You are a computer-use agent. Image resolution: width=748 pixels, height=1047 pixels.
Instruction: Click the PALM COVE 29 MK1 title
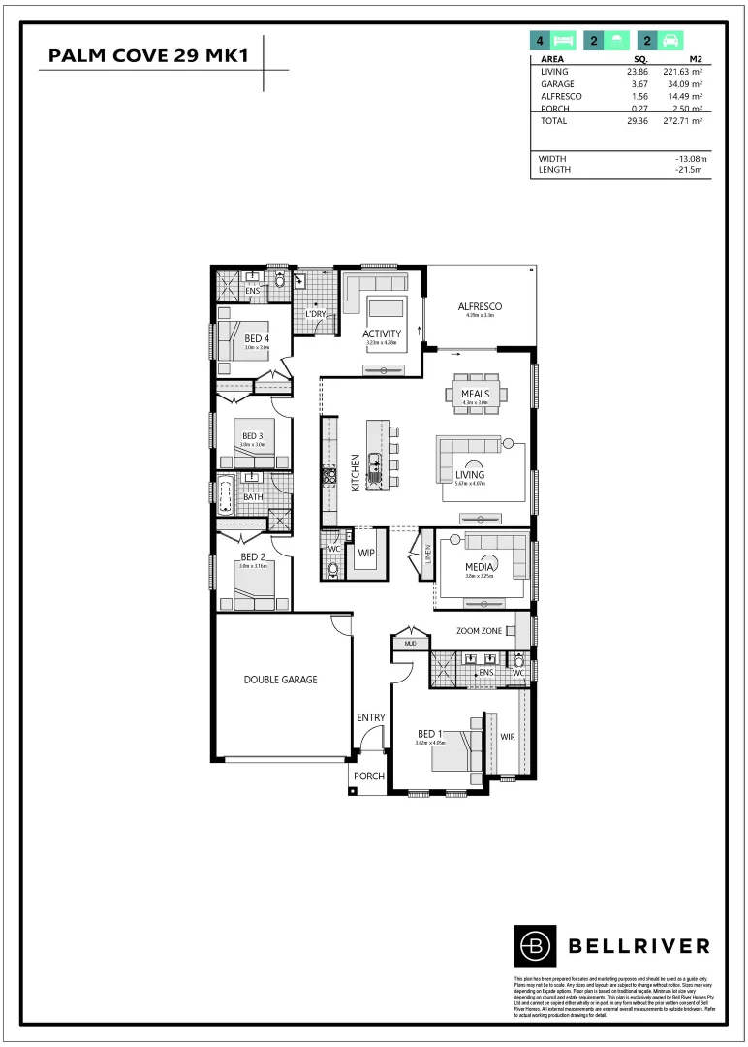[x=148, y=57]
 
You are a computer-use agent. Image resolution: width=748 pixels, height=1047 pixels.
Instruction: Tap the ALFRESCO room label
[x=481, y=307]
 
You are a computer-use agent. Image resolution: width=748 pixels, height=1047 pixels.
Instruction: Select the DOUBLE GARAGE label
[x=280, y=680]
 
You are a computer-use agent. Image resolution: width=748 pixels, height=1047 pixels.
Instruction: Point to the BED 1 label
[x=430, y=734]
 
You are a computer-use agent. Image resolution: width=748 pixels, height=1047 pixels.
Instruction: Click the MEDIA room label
[x=481, y=566]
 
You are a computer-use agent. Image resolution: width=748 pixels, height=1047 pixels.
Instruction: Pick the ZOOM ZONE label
[x=479, y=631]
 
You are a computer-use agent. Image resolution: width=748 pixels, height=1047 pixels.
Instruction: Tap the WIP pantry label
[x=366, y=554]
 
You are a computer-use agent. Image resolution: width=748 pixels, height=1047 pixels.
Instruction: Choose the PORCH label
[x=368, y=777]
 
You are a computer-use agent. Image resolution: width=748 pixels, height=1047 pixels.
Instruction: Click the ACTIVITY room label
[x=383, y=333]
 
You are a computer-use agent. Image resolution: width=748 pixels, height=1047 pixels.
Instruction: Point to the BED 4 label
[x=257, y=337]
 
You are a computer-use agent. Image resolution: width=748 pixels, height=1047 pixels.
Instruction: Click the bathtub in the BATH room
[x=227, y=496]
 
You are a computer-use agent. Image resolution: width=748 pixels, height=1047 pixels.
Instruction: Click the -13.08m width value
[x=691, y=159]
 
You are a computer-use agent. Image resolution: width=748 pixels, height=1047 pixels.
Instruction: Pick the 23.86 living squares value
[x=637, y=72]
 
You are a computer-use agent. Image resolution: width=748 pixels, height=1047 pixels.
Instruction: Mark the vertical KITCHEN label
[x=356, y=472]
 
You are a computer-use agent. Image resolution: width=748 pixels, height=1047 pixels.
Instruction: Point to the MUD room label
[x=410, y=643]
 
